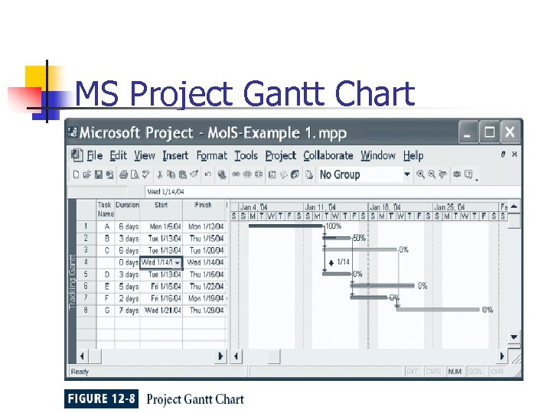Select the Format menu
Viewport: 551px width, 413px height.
pos(211,155)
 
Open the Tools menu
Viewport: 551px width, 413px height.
pos(246,155)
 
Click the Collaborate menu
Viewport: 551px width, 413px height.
pos(328,155)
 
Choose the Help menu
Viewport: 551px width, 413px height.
pos(413,155)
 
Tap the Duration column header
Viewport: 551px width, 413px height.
pos(128,205)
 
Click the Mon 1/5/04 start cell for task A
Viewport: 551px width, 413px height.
pos(165,226)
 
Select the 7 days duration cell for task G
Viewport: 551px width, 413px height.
pos(129,311)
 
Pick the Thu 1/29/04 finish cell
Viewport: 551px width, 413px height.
pos(206,311)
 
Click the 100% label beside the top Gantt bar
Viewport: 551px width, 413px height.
pos(334,226)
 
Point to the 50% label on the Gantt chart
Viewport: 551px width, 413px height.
pos(358,238)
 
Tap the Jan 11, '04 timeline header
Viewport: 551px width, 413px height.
pos(321,207)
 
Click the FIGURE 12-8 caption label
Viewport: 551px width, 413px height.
pos(101,398)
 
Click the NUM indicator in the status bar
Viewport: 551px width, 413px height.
pos(455,372)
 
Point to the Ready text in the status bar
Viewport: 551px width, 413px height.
pos(80,372)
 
